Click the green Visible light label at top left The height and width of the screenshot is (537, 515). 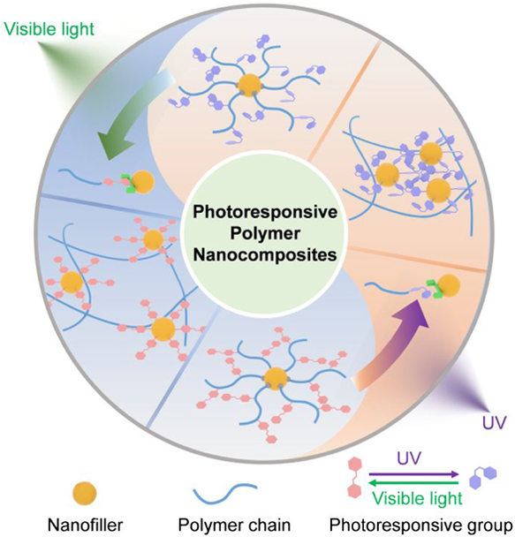point(49,29)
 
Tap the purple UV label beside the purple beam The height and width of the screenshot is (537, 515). point(494,423)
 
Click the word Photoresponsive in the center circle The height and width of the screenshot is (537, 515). point(265,212)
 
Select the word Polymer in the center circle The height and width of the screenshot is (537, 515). point(266,233)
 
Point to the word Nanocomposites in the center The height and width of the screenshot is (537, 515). point(265,255)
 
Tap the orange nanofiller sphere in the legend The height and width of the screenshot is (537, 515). point(85,494)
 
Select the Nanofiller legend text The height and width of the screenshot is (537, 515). point(85,525)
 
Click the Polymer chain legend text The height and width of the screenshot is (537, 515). point(234,525)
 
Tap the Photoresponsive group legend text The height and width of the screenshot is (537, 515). point(420,526)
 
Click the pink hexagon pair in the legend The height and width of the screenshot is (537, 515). point(355,479)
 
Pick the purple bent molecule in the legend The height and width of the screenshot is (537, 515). point(483,475)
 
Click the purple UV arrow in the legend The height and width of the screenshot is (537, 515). point(413,474)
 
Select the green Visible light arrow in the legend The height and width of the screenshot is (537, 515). point(413,483)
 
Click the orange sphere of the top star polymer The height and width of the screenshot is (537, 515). point(250,85)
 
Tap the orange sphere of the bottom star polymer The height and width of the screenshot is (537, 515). point(275,379)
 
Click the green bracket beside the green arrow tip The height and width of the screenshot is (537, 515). point(126,182)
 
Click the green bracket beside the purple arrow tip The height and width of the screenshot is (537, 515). point(433,288)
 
